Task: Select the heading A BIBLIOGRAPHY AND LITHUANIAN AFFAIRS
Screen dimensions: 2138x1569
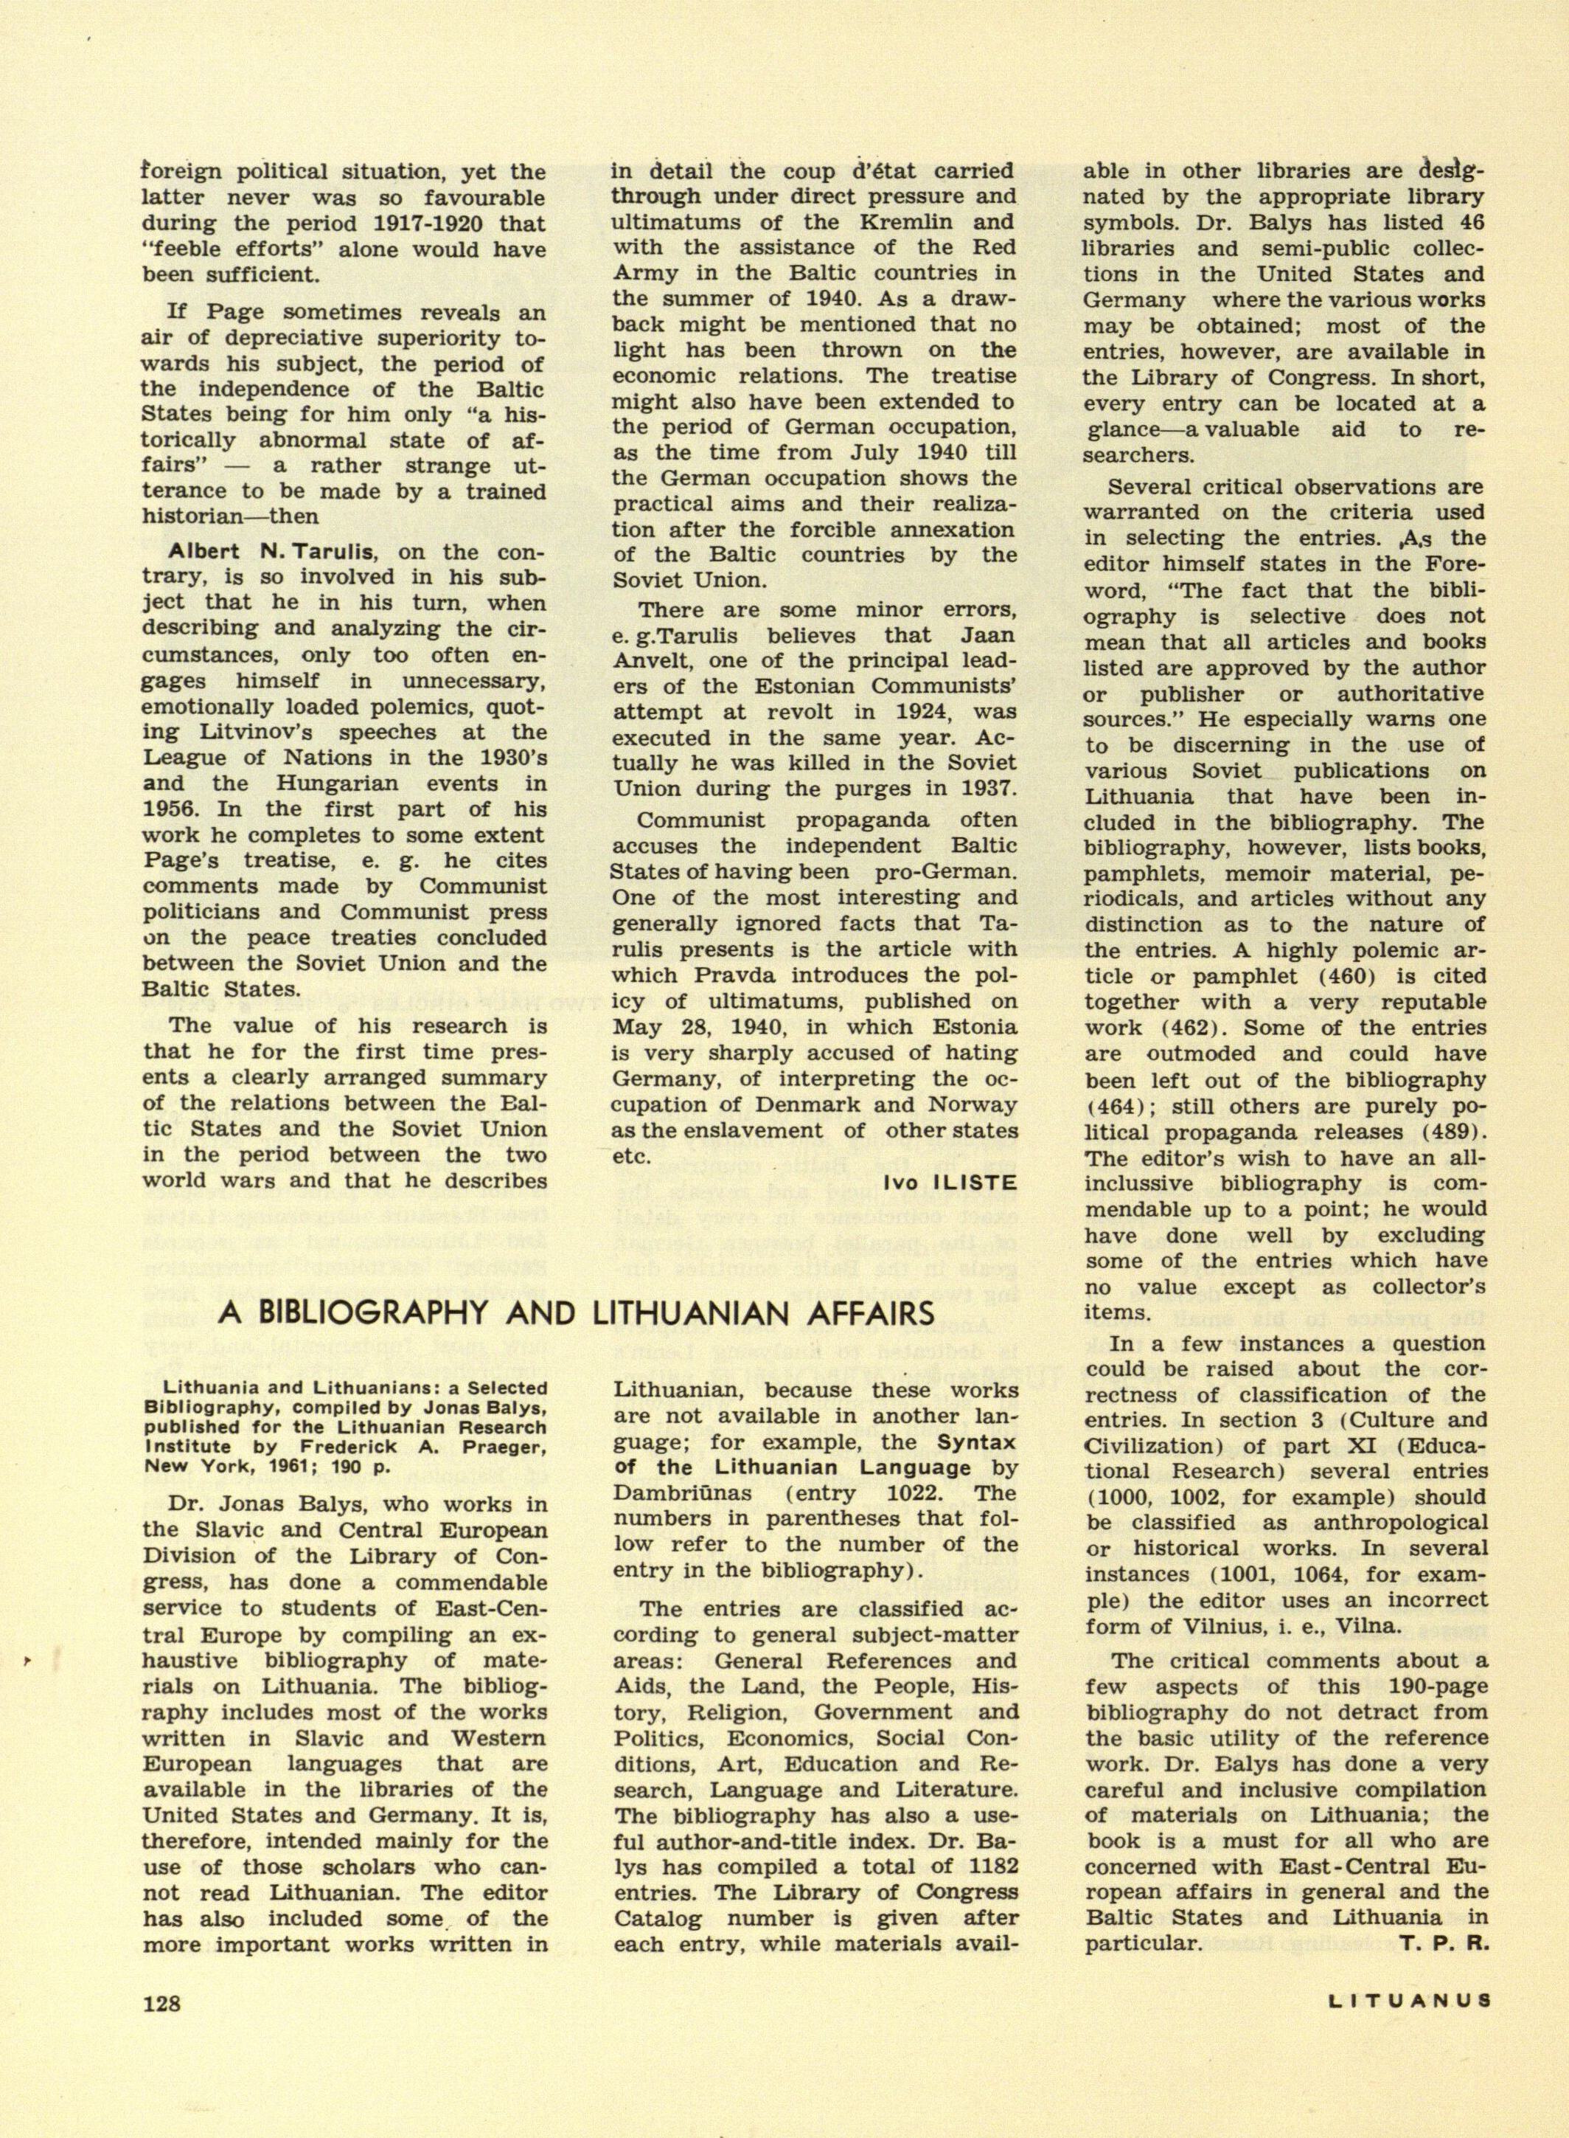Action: click(x=577, y=1312)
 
